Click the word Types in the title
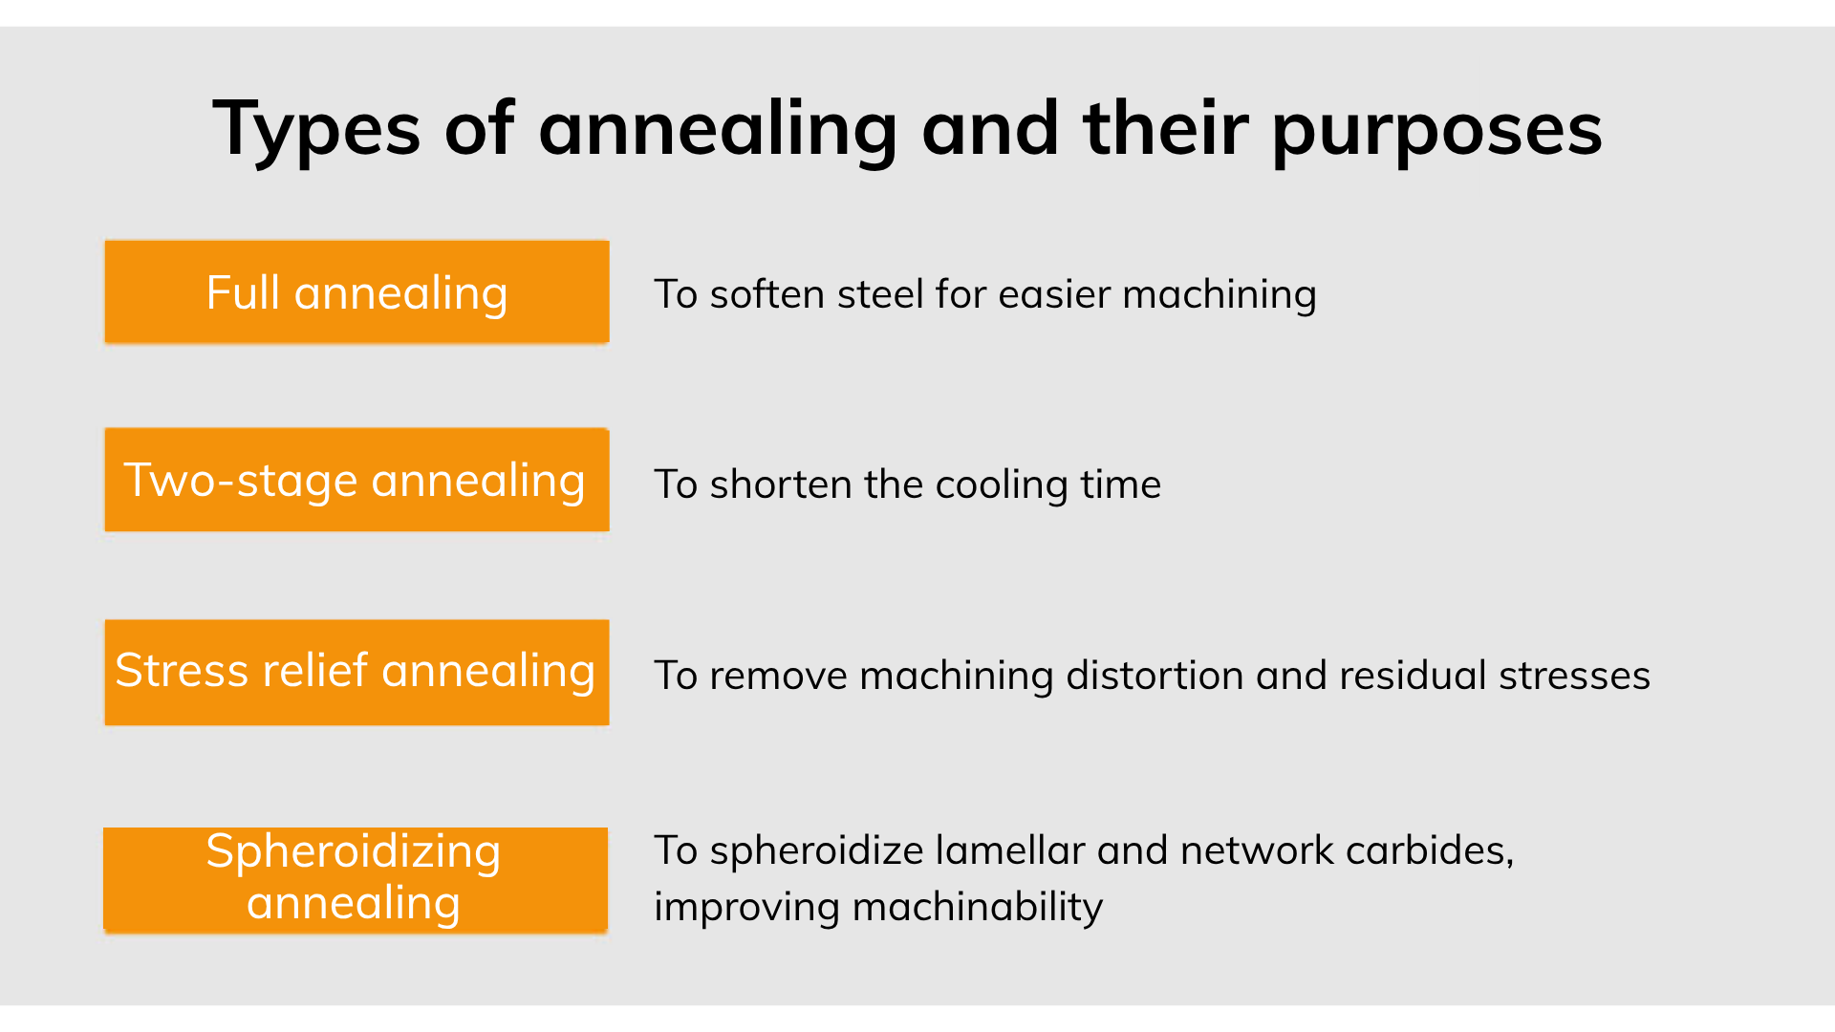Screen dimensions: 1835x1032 click(x=316, y=129)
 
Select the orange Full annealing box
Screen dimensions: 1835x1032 click(x=356, y=291)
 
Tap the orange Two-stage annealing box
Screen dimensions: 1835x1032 click(x=356, y=480)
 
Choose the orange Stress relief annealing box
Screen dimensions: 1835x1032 click(x=356, y=672)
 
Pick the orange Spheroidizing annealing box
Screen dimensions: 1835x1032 click(x=356, y=879)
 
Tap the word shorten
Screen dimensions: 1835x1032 click(x=780, y=484)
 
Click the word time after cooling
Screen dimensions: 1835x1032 click(x=1121, y=484)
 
